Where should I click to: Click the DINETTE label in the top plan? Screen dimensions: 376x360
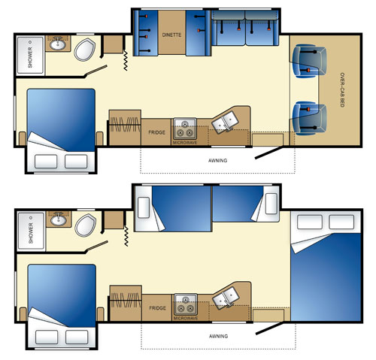coord(171,35)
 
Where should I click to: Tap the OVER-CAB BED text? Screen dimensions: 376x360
coord(342,90)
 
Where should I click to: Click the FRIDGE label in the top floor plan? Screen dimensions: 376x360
coord(156,132)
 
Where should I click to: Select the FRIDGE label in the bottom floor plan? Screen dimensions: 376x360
coord(157,308)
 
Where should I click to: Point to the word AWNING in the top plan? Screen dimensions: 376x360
coord(217,160)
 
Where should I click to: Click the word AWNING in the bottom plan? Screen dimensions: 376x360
coord(218,336)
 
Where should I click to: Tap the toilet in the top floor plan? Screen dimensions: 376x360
coord(85,50)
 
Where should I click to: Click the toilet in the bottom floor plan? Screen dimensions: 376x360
coord(86,225)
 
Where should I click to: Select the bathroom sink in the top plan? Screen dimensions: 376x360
coord(58,44)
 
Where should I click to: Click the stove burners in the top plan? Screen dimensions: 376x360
coord(185,129)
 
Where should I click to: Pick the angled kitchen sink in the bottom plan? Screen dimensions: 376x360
coord(225,298)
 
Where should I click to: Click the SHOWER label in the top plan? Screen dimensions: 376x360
coord(30,57)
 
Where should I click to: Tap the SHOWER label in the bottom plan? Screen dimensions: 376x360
coord(31,233)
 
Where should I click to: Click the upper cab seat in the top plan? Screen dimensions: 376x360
coord(309,61)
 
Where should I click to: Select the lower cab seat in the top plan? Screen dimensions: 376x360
coord(309,118)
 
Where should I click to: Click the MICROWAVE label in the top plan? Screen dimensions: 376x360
coord(185,143)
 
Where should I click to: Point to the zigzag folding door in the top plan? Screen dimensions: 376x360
coord(126,60)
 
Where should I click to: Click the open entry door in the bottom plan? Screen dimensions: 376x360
coord(269,328)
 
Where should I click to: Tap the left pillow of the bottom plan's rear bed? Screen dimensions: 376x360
coord(47,337)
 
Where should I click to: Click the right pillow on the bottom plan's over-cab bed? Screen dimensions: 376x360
coord(341,222)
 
